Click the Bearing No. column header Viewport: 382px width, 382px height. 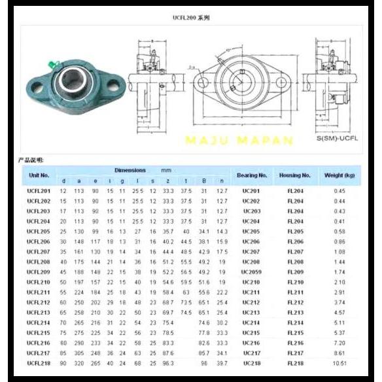[252, 175]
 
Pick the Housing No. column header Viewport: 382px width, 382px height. [294, 175]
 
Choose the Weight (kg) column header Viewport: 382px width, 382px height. [339, 175]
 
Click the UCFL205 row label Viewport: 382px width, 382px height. [38, 232]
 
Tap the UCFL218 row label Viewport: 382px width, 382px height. [38, 362]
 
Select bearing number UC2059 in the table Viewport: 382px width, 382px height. [251, 271]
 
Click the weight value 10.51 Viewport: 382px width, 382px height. [339, 362]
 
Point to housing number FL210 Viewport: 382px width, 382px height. [294, 282]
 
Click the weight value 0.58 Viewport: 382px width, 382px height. [339, 232]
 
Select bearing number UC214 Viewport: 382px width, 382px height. [251, 322]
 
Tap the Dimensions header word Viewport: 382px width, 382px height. [130, 170]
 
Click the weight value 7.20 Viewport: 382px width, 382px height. [339, 343]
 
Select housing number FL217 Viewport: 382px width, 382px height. [294, 353]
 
